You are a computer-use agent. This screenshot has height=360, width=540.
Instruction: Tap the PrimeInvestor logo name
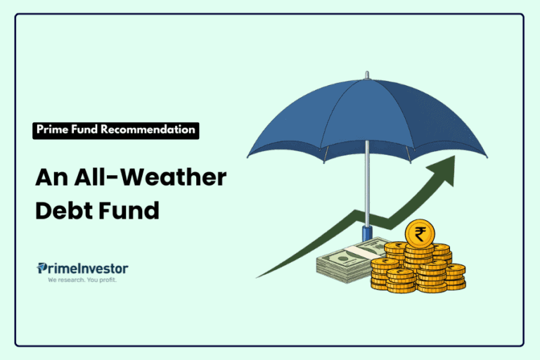click(x=83, y=268)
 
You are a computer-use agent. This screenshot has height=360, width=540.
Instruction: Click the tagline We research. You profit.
click(x=82, y=281)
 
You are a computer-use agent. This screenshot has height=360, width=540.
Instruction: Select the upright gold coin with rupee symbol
click(x=420, y=234)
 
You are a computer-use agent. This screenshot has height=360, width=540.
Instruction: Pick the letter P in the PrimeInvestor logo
click(x=41, y=268)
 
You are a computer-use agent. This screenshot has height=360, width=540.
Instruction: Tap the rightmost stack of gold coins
click(x=455, y=276)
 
